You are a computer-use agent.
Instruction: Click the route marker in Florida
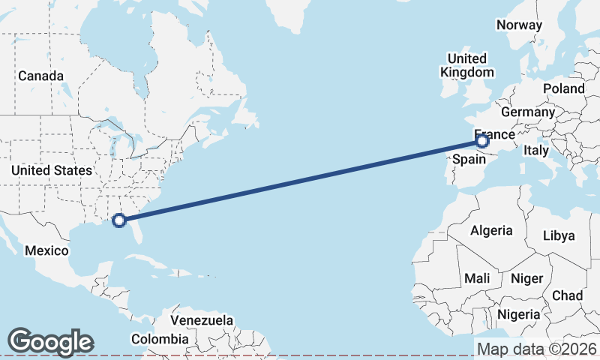118,220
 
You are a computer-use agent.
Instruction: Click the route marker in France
482,140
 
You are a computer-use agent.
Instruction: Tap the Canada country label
40,76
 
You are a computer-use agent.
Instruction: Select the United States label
52,171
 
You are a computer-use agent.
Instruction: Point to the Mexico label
46,250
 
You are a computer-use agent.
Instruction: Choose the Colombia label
160,339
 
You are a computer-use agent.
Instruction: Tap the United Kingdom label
467,65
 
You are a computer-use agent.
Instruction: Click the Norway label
519,25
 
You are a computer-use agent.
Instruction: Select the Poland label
564,88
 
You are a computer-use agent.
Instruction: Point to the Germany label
527,112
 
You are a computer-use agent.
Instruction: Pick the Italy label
536,151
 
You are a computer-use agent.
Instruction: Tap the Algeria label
491,230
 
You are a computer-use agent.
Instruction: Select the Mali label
477,278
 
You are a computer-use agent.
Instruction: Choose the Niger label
526,278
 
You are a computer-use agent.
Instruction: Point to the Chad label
567,295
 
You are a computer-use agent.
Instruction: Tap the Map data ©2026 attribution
536,349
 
